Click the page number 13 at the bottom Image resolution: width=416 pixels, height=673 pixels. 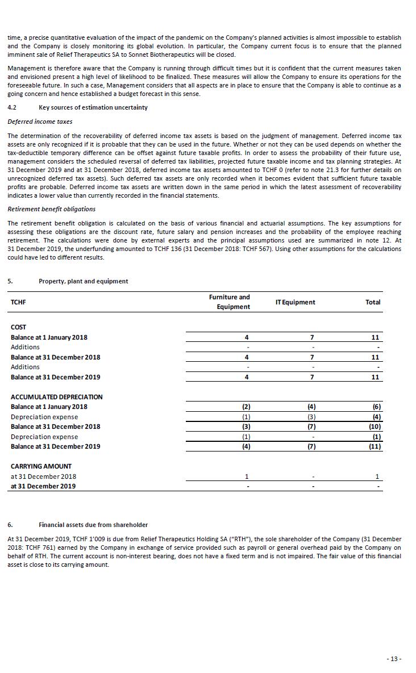tap(394, 659)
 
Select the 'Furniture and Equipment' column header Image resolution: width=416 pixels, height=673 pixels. tap(229, 302)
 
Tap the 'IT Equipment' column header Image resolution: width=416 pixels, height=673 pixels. tap(295, 302)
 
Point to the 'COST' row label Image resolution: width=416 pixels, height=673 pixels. tap(19, 327)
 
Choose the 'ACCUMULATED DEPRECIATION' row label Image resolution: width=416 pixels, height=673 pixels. tap(56, 397)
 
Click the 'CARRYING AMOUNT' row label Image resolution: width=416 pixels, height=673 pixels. tap(41, 466)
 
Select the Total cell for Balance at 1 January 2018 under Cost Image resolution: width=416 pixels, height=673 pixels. tap(375, 337)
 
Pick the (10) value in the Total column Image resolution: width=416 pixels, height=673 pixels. tap(375, 427)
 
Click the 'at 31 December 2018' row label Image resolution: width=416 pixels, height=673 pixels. tap(43, 476)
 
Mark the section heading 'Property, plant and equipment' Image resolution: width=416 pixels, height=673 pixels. tap(83, 281)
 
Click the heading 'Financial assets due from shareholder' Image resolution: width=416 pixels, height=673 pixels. tap(93, 525)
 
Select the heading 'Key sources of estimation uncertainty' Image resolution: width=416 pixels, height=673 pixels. tap(93, 107)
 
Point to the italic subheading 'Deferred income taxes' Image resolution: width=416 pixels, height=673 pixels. tap(40, 122)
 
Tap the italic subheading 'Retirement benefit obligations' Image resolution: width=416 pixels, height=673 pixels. tap(51, 209)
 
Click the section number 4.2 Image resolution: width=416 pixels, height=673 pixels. tap(12, 107)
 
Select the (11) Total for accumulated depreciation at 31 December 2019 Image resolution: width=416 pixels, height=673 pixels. tap(375, 446)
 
